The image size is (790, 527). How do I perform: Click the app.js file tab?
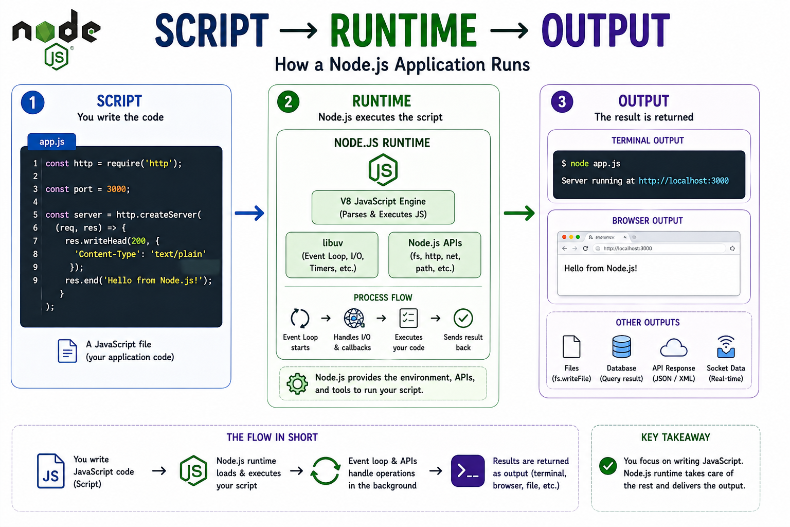(x=52, y=142)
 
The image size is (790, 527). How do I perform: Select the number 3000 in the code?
(x=116, y=189)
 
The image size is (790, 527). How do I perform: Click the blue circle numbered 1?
(x=32, y=103)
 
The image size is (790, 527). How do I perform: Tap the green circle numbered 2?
(x=288, y=102)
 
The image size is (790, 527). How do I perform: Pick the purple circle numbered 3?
(x=562, y=102)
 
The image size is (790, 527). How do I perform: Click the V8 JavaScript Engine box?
(x=383, y=207)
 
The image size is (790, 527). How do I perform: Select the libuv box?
(x=332, y=255)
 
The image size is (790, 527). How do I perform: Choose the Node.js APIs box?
(x=435, y=255)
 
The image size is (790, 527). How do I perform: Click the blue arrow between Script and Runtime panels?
(x=249, y=213)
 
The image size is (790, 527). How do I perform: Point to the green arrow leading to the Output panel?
(x=519, y=213)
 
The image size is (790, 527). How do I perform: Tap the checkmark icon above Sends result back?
(x=463, y=319)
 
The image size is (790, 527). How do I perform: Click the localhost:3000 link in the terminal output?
(x=684, y=181)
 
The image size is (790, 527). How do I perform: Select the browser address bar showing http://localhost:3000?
(x=659, y=249)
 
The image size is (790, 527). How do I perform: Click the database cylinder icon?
(x=621, y=347)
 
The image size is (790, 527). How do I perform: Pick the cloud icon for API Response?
(x=674, y=347)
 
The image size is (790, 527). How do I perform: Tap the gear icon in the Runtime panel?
(x=297, y=384)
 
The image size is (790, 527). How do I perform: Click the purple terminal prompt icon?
(x=468, y=471)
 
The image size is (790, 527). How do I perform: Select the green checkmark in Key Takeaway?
(x=608, y=466)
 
